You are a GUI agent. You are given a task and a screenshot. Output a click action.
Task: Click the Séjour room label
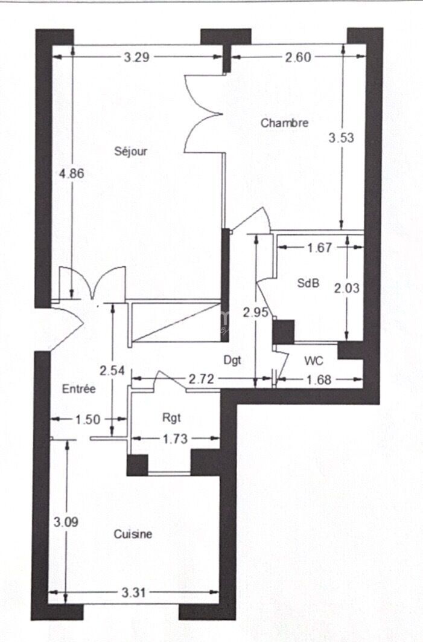click(x=130, y=152)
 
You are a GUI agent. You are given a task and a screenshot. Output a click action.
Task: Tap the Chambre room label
click(x=285, y=123)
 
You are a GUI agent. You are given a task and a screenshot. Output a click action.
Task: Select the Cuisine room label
click(x=133, y=534)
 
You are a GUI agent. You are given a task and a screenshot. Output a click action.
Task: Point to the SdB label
click(x=308, y=283)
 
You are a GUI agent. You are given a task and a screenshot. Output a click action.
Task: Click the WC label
click(x=314, y=361)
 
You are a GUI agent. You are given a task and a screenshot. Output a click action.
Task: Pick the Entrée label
click(x=79, y=388)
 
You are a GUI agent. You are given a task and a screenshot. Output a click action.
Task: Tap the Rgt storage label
click(x=171, y=417)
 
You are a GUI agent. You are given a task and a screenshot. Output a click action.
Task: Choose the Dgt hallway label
click(x=232, y=360)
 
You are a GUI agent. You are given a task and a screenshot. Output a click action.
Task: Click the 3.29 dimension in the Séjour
click(x=136, y=57)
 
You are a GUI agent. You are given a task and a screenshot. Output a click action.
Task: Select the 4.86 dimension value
click(x=72, y=173)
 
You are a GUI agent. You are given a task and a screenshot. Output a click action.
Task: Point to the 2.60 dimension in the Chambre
click(x=298, y=57)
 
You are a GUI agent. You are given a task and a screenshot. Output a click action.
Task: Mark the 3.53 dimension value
click(x=341, y=138)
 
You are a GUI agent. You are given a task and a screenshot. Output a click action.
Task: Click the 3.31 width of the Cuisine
click(x=134, y=592)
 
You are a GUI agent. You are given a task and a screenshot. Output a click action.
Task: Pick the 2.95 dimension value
click(x=256, y=313)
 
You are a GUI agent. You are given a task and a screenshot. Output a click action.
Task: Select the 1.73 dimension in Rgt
click(x=176, y=439)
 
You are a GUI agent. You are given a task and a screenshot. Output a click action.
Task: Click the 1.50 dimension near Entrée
click(x=88, y=419)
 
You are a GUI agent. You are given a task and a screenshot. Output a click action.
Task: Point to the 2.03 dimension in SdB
click(x=347, y=288)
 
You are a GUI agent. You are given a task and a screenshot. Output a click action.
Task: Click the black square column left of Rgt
click(x=137, y=465)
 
